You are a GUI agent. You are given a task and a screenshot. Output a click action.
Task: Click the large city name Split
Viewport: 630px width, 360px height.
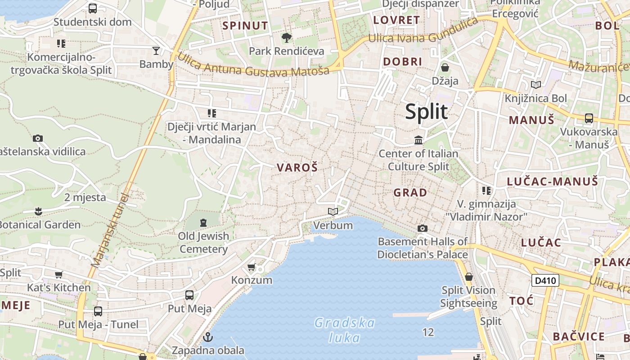point(426,112)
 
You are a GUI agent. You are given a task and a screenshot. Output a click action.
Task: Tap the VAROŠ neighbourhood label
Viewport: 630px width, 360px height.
point(297,168)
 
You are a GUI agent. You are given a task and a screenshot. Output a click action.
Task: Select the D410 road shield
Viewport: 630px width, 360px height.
point(545,281)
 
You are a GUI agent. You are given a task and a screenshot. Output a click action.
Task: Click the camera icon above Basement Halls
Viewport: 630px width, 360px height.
point(422,229)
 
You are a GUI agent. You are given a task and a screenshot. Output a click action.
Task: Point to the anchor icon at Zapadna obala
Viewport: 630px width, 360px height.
point(208,337)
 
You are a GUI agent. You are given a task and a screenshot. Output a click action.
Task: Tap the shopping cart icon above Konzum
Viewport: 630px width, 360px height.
point(252,267)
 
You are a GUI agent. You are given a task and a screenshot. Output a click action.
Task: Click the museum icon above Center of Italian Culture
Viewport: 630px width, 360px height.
point(418,140)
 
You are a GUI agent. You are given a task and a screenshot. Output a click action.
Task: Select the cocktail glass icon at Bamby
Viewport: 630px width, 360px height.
point(156,50)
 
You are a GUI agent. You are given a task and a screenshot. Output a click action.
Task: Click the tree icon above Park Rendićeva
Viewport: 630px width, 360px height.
point(286,38)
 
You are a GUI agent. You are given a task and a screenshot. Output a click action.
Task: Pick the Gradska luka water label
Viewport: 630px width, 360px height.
point(345,330)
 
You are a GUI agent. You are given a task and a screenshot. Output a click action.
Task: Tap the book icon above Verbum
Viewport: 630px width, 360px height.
point(333,212)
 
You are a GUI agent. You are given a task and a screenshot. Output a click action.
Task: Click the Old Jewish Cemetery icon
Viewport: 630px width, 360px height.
point(203,222)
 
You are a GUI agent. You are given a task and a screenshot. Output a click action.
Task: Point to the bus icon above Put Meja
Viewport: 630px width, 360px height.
point(189,295)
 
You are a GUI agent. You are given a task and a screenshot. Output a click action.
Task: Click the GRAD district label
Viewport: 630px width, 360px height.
point(410,193)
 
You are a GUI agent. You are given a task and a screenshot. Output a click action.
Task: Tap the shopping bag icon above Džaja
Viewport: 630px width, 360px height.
point(445,67)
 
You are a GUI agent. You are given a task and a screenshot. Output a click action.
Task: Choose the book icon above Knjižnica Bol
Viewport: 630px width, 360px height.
point(536,85)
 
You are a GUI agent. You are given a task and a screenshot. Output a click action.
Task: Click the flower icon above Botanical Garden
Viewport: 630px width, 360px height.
point(38,211)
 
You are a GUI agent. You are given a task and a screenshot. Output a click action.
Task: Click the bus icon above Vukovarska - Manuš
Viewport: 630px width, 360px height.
point(589,118)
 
